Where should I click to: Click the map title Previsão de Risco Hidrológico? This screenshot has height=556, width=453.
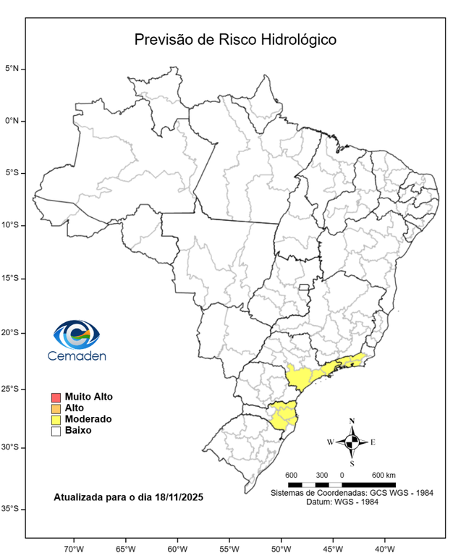click(x=235, y=40)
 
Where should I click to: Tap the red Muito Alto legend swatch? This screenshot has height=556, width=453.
click(x=56, y=397)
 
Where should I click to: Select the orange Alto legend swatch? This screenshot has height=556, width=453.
click(x=56, y=408)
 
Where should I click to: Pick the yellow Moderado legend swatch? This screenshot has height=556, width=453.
click(x=56, y=419)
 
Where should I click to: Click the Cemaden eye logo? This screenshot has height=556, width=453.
click(x=76, y=334)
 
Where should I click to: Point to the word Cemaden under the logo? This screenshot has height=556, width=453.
click(x=77, y=356)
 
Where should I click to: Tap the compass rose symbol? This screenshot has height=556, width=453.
click(x=352, y=442)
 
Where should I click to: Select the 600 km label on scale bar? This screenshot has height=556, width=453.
click(x=384, y=475)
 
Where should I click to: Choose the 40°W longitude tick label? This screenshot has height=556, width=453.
click(x=385, y=547)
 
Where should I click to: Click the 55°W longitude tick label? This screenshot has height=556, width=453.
click(x=229, y=547)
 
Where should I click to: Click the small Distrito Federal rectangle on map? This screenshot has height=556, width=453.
click(x=305, y=290)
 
